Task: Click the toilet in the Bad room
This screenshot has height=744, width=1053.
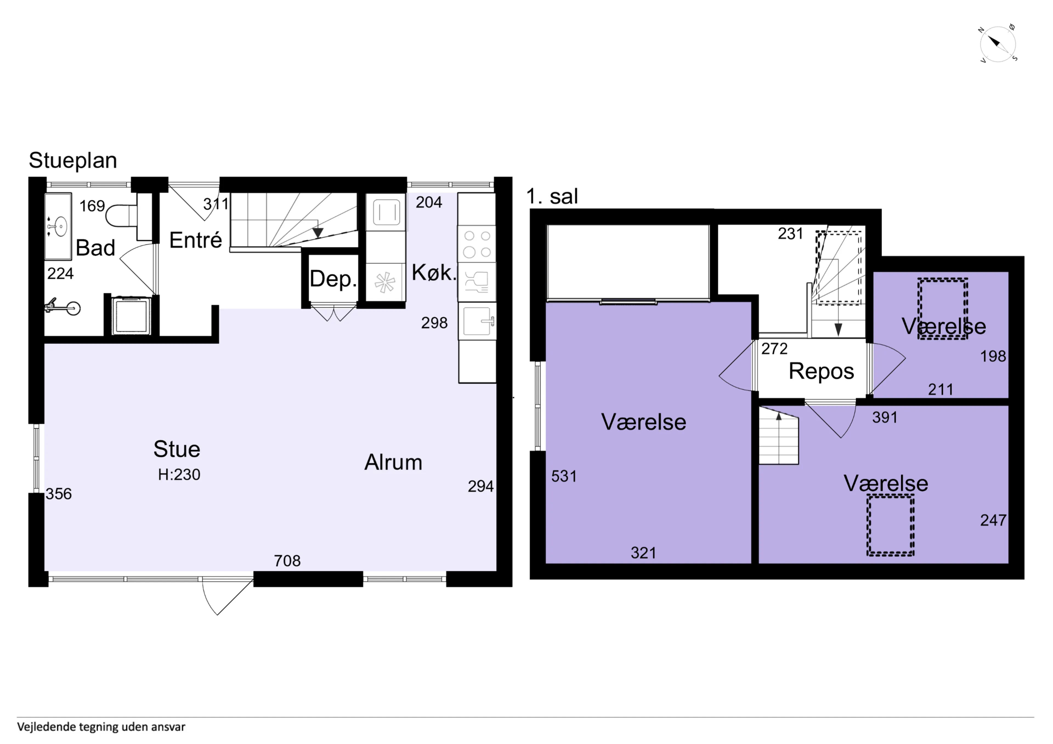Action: tap(121, 215)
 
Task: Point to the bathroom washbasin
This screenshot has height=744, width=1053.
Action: tap(58, 226)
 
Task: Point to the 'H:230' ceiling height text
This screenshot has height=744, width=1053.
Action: tap(179, 474)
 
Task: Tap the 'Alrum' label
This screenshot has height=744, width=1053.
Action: tap(393, 462)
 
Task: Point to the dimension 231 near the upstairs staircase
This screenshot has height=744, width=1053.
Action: tap(790, 234)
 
